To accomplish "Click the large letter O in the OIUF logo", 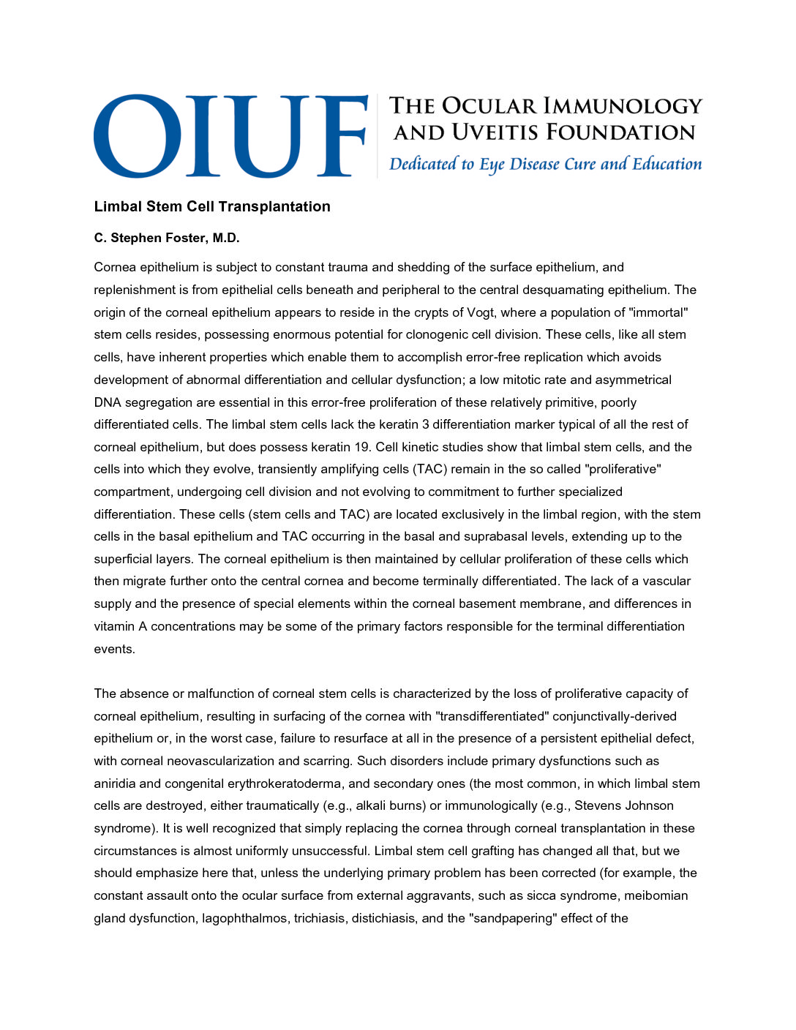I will point(138,136).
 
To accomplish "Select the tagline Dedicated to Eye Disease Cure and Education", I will point(545,164).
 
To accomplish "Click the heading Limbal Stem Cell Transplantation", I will point(212,207).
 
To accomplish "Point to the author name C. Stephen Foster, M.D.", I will point(167,238).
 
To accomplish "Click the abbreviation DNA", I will point(107,402).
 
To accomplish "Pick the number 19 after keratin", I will point(361,447).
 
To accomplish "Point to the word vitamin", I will point(114,626).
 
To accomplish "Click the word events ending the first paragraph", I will point(113,649).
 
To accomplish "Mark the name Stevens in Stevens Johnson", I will point(598,806).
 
